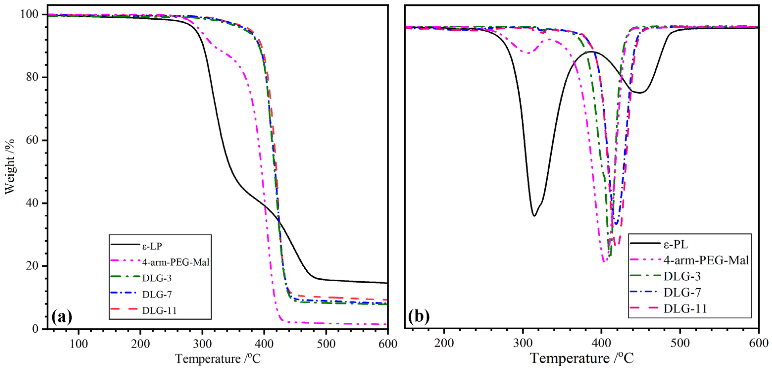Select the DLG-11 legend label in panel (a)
(159, 310)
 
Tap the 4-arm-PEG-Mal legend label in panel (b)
(706, 260)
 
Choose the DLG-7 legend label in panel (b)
(682, 292)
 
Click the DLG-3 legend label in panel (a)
(157, 278)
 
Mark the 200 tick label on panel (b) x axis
(444, 343)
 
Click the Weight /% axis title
(10, 166)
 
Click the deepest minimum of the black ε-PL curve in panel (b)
(534, 216)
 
